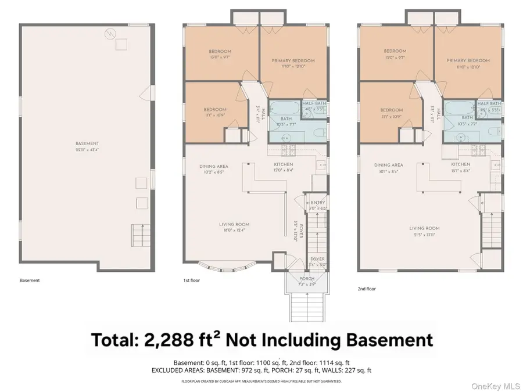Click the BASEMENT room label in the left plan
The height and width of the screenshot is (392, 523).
tap(87, 143)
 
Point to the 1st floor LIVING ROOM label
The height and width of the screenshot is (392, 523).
tap(234, 225)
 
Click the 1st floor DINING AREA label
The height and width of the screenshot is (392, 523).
tap(213, 166)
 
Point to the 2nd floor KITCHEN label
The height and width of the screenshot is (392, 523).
tap(459, 165)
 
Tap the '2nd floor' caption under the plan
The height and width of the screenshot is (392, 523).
tap(367, 288)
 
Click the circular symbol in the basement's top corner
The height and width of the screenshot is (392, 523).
tap(109, 35)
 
